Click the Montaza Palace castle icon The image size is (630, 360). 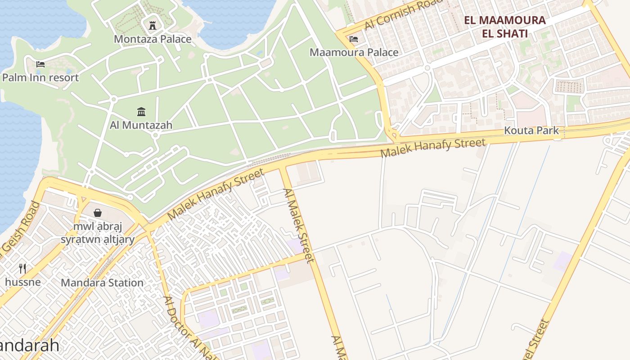(x=153, y=25)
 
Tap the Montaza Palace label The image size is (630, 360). (x=153, y=39)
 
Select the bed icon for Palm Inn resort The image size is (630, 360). (x=40, y=64)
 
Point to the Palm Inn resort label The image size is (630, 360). (x=40, y=77)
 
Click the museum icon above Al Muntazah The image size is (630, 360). (x=141, y=111)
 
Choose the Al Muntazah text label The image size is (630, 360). (x=141, y=125)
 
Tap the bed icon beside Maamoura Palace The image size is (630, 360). (x=354, y=39)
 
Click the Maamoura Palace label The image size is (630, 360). (x=354, y=52)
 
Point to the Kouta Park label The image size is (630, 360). (x=531, y=130)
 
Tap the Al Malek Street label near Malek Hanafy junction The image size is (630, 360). (x=298, y=225)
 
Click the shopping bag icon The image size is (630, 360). (x=98, y=212)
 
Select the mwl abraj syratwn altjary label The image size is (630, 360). (x=98, y=232)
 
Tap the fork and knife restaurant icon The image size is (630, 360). (x=22, y=269)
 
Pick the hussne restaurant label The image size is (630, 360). (x=22, y=282)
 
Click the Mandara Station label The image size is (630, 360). (x=102, y=283)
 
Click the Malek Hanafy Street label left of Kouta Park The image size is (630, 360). (x=433, y=148)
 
